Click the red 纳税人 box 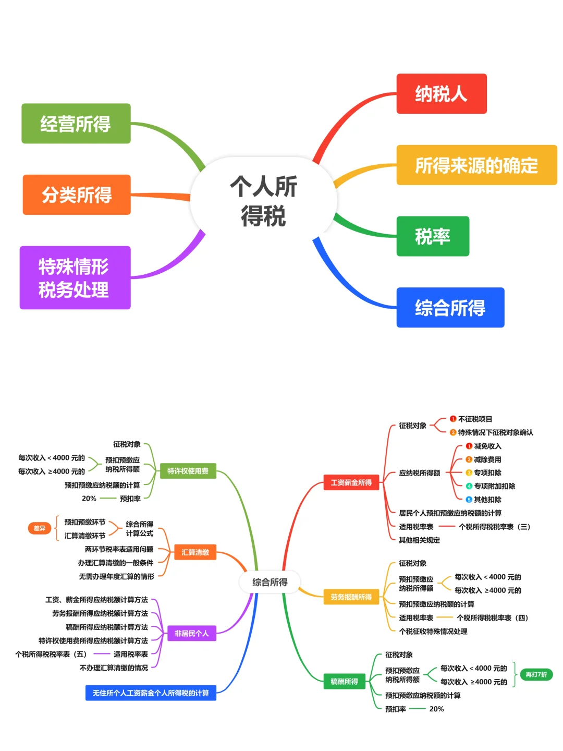point(441,94)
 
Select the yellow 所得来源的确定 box point(476,165)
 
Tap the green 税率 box point(433,236)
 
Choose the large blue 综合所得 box point(450,308)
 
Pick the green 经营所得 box point(76,124)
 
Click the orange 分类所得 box point(77,195)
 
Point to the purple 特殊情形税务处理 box point(75,278)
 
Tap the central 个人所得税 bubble point(264,201)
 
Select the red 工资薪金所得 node point(351,482)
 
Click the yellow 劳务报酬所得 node point(351,597)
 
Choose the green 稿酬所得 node point(344,681)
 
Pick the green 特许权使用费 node point(188,471)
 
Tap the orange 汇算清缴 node point(195,552)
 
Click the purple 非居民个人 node point(191,633)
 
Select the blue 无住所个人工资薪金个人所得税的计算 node point(151,693)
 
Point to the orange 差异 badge point(40,528)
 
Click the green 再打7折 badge point(536,674)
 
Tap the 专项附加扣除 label point(494,486)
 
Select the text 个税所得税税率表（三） point(494,527)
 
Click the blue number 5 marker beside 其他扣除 point(469,500)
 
